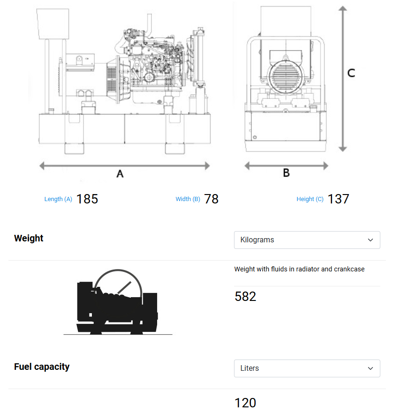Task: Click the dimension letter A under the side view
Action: pyautogui.click(x=120, y=174)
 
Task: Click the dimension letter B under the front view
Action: pyautogui.click(x=286, y=173)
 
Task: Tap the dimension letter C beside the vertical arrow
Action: pyautogui.click(x=351, y=73)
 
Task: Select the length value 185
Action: pyautogui.click(x=87, y=199)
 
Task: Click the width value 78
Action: pyautogui.click(x=212, y=199)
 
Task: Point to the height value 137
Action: pyautogui.click(x=338, y=199)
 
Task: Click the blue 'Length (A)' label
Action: pyautogui.click(x=58, y=199)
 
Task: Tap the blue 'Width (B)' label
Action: pyautogui.click(x=188, y=199)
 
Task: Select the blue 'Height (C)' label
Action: pyautogui.click(x=310, y=199)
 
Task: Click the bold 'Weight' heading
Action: pyautogui.click(x=29, y=238)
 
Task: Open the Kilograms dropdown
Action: pyautogui.click(x=307, y=240)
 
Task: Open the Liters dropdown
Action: pyautogui.click(x=307, y=368)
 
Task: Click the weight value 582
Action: pyautogui.click(x=245, y=297)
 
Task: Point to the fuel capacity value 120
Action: pyautogui.click(x=245, y=403)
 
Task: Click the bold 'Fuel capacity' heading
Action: pyautogui.click(x=42, y=367)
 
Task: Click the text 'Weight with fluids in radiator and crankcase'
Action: pyautogui.click(x=299, y=269)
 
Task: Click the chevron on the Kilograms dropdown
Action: pyautogui.click(x=370, y=240)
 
